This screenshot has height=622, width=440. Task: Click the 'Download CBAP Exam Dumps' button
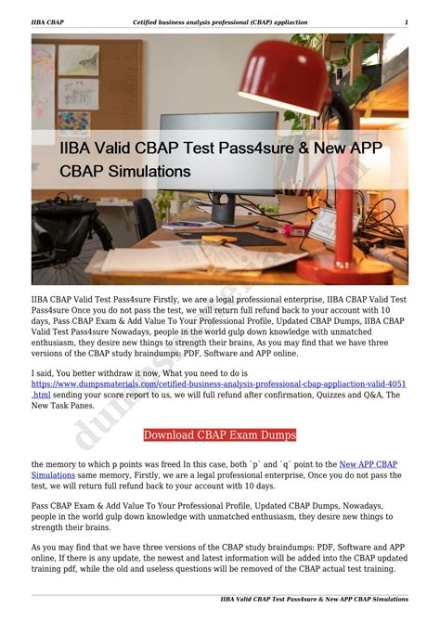pyautogui.click(x=220, y=434)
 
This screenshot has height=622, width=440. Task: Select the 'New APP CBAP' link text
pyautogui.click(x=369, y=463)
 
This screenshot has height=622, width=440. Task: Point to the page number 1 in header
pyautogui.click(x=406, y=21)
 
